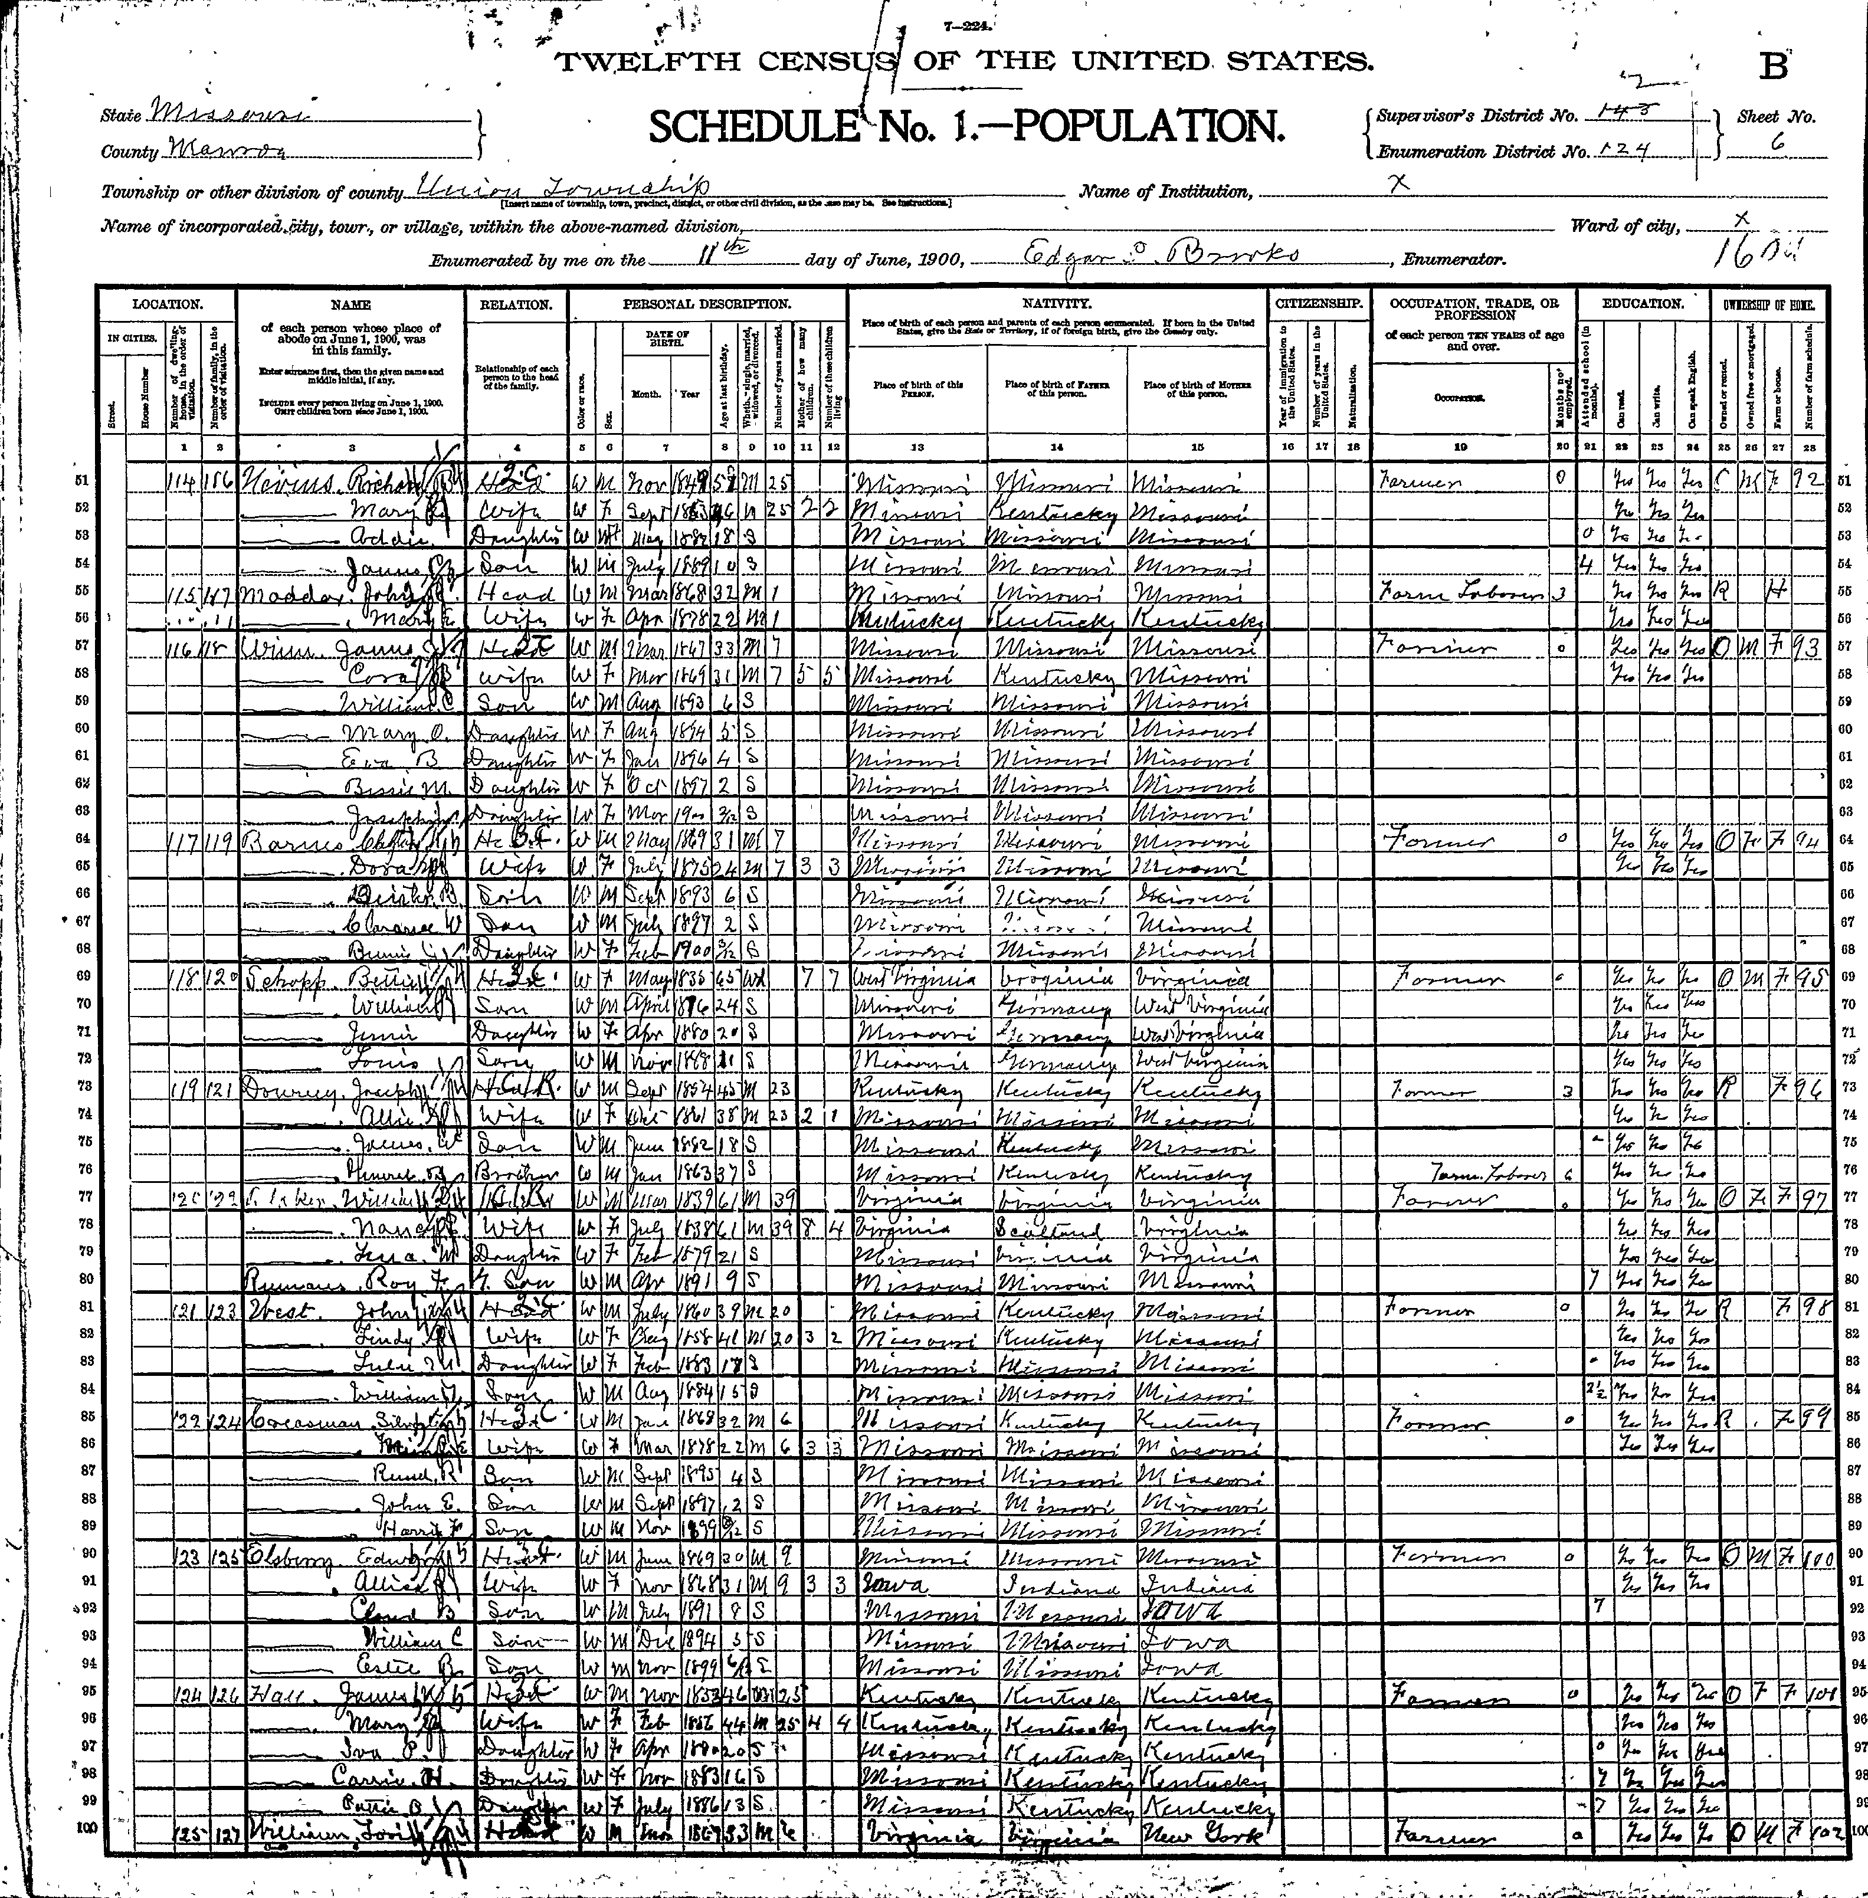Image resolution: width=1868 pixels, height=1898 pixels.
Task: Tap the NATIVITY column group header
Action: (1058, 305)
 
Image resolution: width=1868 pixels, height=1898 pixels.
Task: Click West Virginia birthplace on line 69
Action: (915, 979)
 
